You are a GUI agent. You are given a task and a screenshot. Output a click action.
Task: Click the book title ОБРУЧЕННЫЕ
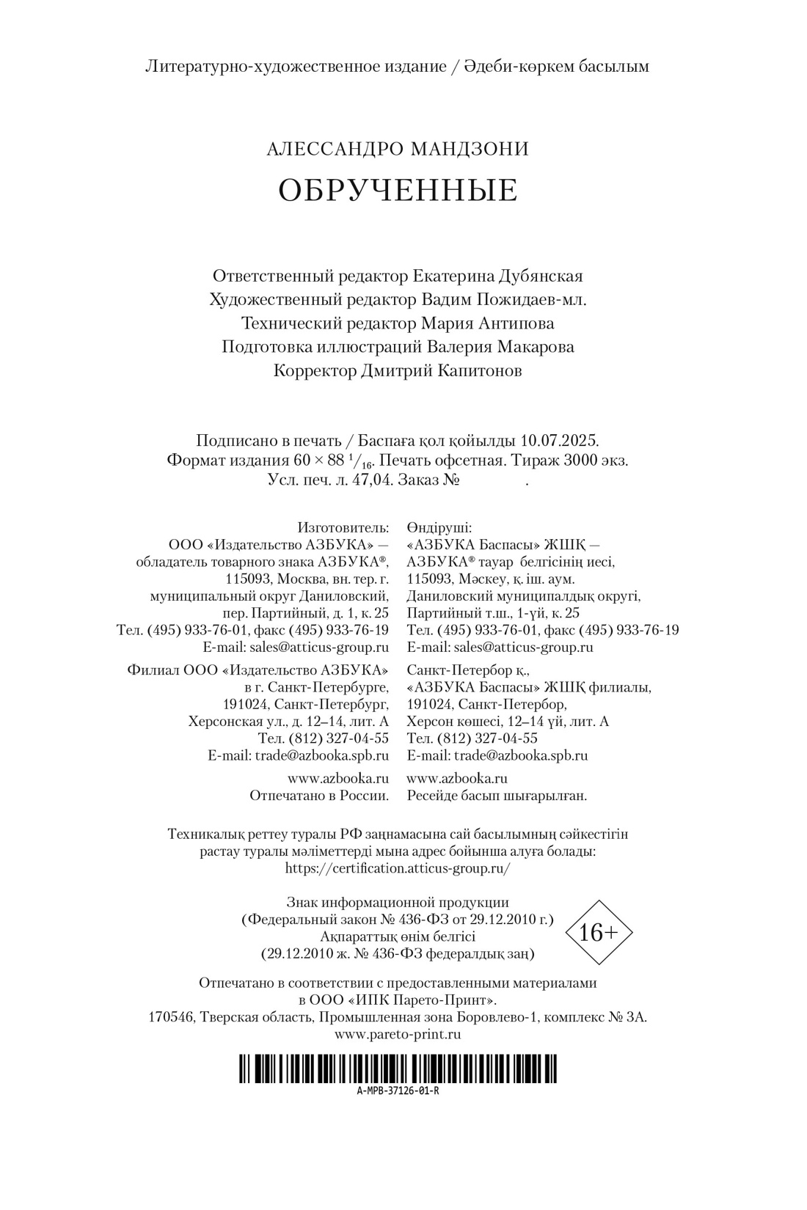[398, 190]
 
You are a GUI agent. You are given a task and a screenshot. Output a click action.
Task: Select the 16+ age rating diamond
[599, 932]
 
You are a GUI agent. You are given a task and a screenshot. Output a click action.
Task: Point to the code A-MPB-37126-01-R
[398, 1090]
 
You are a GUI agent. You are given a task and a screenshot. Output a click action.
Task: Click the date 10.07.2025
[560, 441]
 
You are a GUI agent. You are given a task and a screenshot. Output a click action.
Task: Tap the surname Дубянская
[541, 276]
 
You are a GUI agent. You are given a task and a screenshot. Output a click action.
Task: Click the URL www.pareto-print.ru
[398, 1034]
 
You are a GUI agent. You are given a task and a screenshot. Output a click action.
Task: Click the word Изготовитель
[343, 527]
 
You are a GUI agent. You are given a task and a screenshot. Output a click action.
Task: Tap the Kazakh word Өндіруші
[440, 527]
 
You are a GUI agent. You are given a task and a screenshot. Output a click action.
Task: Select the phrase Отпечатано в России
[319, 795]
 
